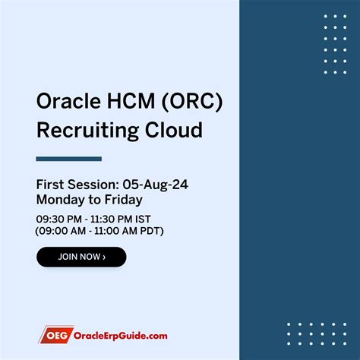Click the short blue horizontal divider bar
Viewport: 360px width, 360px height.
click(x=68, y=159)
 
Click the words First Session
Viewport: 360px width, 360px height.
click(x=72, y=185)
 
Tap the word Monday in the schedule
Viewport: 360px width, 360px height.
click(x=59, y=199)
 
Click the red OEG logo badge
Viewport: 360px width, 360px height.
click(x=55, y=335)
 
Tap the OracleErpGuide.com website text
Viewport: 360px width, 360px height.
click(x=121, y=335)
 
